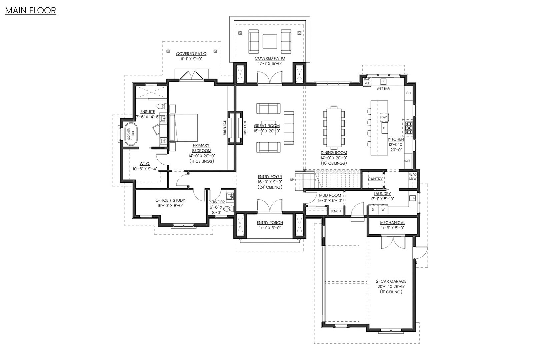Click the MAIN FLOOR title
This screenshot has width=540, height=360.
click(30, 10)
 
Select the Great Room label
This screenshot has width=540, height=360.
click(267, 126)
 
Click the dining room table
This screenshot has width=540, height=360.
click(333, 127)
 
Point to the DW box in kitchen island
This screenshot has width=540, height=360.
click(384, 117)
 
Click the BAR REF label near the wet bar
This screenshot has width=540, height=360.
click(367, 81)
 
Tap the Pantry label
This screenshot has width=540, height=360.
click(375, 179)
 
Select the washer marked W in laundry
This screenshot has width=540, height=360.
click(383, 210)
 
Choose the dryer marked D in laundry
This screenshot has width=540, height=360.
click(373, 210)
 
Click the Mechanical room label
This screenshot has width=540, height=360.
click(393, 223)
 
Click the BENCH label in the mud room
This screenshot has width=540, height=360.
click(335, 211)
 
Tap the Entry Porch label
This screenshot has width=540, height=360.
click(270, 223)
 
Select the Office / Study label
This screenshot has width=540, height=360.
click(170, 200)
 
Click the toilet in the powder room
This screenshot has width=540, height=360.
click(227, 209)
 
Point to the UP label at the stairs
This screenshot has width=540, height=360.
click(292, 179)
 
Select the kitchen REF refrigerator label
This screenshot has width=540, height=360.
click(408, 161)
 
